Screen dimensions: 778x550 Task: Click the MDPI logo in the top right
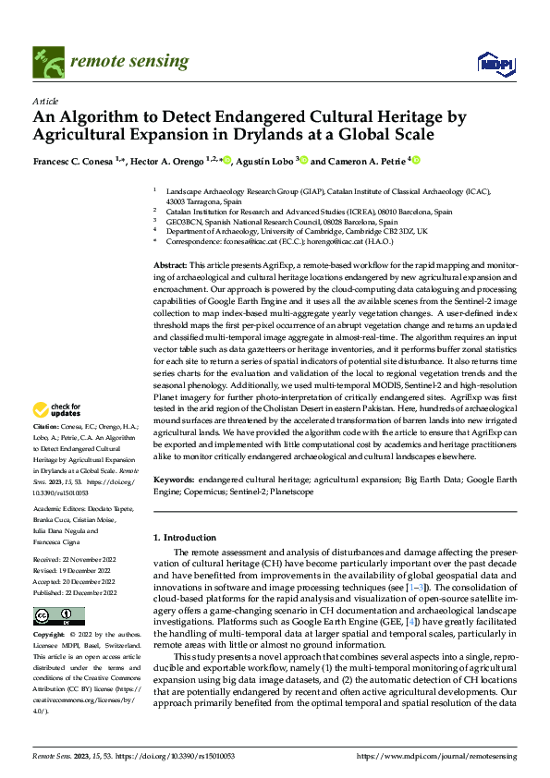496,62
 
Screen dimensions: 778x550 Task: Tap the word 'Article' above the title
45,100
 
